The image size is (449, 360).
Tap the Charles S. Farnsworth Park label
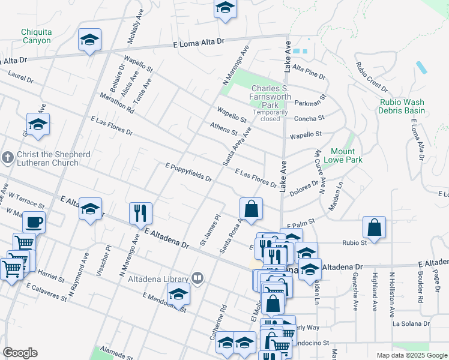(271, 93)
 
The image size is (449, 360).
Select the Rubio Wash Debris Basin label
(402, 106)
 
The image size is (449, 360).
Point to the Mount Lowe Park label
(343, 155)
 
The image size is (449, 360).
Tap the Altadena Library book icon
(197, 278)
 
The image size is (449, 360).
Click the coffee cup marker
(34, 222)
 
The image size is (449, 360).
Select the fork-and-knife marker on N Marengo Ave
(140, 213)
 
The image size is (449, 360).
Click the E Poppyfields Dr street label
(189, 172)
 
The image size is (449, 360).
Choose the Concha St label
(309, 118)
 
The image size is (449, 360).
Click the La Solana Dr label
(411, 323)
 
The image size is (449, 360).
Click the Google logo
(20, 353)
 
